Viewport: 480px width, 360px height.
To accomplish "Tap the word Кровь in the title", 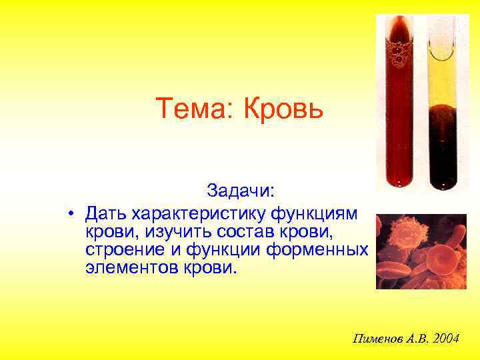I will (282, 108).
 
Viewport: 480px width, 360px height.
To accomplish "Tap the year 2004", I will (445, 339).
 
